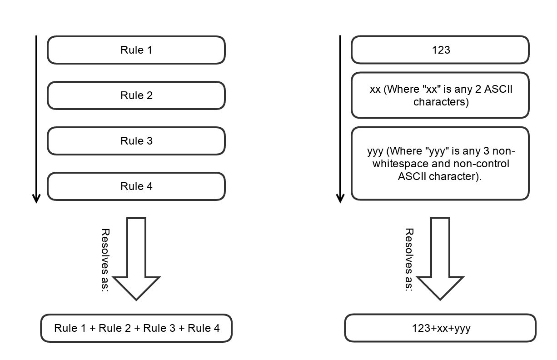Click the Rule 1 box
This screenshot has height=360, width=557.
136,50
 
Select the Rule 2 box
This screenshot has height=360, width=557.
136,95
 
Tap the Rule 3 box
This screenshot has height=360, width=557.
136,141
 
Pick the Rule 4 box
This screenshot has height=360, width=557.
136,186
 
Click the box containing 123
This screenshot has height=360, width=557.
440,50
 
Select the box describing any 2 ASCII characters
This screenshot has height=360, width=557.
440,95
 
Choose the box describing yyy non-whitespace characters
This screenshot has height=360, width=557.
440,164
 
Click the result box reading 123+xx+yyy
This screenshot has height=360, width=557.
440,328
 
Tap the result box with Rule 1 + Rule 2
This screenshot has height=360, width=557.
136,328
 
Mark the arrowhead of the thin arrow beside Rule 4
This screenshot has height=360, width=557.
36,198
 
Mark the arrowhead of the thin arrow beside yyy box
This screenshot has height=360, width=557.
340,198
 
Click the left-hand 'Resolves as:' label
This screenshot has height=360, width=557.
105,260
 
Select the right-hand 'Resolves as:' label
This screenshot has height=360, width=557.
409,260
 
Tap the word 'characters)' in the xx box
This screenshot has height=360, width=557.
440,102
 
